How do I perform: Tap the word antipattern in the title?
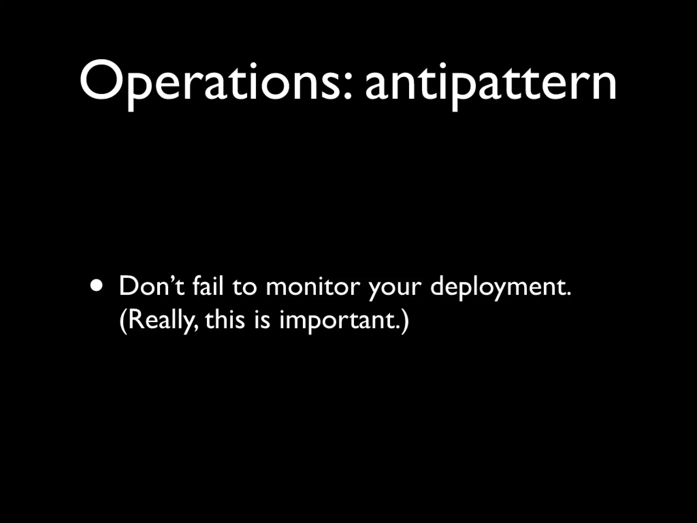tap(491, 83)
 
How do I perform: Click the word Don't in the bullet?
tap(152, 287)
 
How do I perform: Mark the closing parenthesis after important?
tap(404, 322)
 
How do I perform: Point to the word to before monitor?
tap(245, 288)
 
